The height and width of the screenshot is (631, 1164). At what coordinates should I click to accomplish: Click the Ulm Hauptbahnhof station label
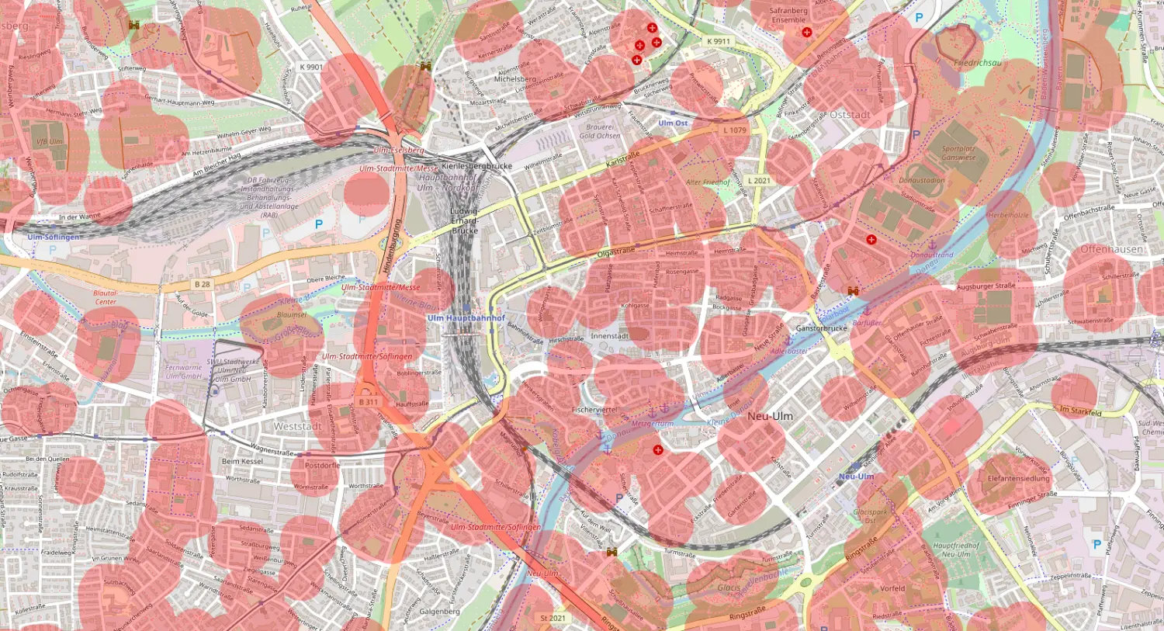pos(466,318)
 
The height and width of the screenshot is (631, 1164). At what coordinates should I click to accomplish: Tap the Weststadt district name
pos(297,426)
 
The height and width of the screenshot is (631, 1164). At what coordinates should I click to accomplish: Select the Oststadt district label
pos(850,115)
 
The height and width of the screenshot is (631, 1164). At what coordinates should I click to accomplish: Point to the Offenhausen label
pos(1111,249)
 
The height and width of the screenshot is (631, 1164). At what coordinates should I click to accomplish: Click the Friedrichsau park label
pos(977,63)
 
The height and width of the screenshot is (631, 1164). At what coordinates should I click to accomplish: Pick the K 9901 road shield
pos(311,67)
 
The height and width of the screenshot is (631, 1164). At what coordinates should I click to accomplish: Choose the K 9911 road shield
pos(719,41)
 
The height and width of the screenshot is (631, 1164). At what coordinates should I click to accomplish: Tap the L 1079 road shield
pos(735,130)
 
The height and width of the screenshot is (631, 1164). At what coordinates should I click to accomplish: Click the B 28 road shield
pos(202,284)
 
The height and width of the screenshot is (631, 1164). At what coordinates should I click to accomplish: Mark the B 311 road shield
pos(369,402)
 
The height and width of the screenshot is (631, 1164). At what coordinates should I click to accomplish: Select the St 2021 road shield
pos(553,618)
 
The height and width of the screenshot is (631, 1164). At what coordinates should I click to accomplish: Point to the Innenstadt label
pos(609,336)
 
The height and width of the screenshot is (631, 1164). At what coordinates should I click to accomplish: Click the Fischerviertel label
pos(594,409)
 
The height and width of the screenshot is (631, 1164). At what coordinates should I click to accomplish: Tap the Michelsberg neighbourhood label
pos(514,79)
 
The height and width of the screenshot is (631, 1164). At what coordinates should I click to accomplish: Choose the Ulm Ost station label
pos(673,123)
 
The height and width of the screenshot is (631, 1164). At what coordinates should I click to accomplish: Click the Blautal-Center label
pos(106,297)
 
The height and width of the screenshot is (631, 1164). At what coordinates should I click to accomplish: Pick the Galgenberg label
pos(439,612)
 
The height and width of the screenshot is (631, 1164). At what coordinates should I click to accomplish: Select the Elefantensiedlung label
pos(1018,479)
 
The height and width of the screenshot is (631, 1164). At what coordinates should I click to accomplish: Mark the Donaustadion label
pos(922,181)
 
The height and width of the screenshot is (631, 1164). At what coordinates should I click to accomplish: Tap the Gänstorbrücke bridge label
pos(822,328)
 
